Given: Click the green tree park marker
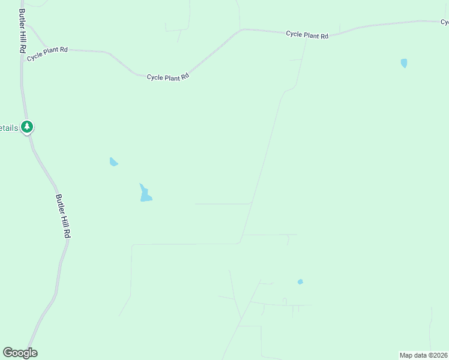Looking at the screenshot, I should tap(26, 127).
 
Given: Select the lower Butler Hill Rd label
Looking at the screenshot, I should tap(63, 217).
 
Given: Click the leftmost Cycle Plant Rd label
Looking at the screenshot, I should tap(46, 50).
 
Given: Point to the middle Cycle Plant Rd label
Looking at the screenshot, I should tap(168, 77).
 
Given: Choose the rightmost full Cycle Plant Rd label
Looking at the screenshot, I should tap(307, 35).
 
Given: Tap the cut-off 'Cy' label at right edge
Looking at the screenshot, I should tap(444, 22).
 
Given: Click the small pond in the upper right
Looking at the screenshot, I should tap(404, 62).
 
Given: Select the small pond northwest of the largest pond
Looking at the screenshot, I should tap(113, 161).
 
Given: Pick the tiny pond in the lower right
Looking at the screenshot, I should tap(300, 281).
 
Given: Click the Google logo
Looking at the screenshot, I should tap(20, 353).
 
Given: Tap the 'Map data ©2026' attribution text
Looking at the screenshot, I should tap(423, 355).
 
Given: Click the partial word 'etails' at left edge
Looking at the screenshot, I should tap(8, 128).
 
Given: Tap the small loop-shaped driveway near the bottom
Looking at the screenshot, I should tap(284, 301).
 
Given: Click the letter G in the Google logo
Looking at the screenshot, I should tap(8, 353).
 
